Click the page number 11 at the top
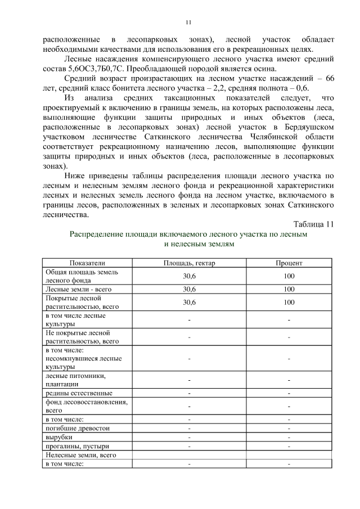[188, 22]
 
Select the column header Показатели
[87, 263]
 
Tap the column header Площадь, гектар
[189, 263]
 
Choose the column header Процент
[289, 263]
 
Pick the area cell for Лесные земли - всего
[189, 289]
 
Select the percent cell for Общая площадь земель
[289, 276]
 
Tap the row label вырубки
[59, 436]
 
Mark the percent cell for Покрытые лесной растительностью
[289, 302]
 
